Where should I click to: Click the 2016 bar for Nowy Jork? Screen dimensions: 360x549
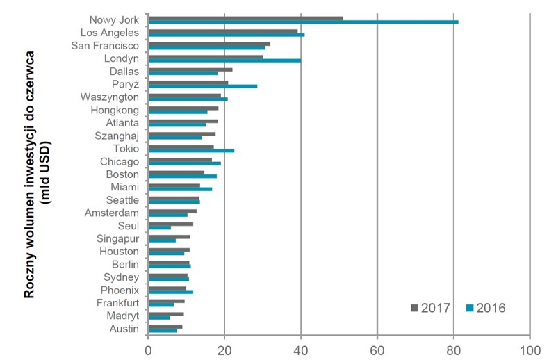pyautogui.click(x=303, y=22)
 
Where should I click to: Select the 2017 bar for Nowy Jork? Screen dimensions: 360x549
pyautogui.click(x=246, y=18)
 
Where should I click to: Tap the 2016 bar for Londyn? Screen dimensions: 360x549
pyautogui.click(x=224, y=60)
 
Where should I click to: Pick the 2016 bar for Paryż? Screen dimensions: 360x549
pyautogui.click(x=203, y=86)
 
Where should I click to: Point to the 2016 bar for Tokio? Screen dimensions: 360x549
pyautogui.click(x=191, y=150)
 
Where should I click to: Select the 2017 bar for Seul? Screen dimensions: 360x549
pyautogui.click(x=170, y=224)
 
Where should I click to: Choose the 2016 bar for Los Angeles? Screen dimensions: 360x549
pyautogui.click(x=227, y=35)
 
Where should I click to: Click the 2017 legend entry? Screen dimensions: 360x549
pyautogui.click(x=432, y=307)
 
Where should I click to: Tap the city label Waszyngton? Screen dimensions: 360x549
pyautogui.click(x=110, y=97)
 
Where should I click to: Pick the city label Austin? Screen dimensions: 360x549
pyautogui.click(x=124, y=328)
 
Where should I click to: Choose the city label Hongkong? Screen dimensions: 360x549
pyautogui.click(x=115, y=110)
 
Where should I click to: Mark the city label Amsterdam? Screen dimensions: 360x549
pyautogui.click(x=112, y=213)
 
